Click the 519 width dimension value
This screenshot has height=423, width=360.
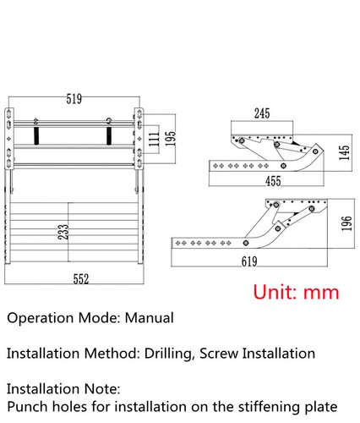[74, 98]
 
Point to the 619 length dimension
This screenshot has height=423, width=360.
[248, 262]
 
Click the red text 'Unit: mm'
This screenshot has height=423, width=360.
[296, 292]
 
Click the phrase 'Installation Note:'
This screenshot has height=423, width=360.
[64, 388]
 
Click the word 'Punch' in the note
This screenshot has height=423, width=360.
[28, 407]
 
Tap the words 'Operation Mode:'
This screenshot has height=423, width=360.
[63, 319]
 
